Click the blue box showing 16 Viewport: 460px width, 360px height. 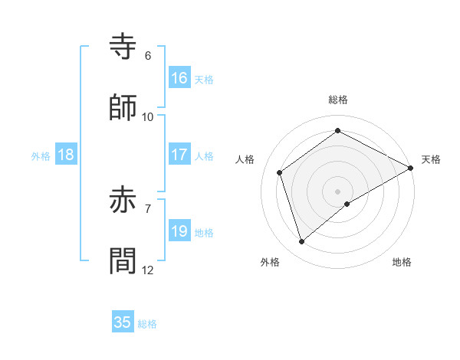pyautogui.click(x=179, y=78)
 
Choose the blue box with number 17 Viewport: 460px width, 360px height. pyautogui.click(x=179, y=155)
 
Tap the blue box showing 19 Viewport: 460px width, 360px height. pyautogui.click(x=179, y=231)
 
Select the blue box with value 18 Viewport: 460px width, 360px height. pyautogui.click(x=66, y=155)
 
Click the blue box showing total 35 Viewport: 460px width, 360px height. pyautogui.click(x=123, y=322)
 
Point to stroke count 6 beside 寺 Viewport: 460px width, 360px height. pyautogui.click(x=148, y=56)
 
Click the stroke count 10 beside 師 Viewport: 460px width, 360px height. pyautogui.click(x=148, y=116)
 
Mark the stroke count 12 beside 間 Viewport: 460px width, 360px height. pyautogui.click(x=148, y=270)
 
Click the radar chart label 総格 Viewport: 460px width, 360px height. pyautogui.click(x=338, y=100)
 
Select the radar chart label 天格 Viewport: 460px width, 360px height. pyautogui.click(x=431, y=159)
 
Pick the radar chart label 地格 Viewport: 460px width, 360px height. pyautogui.click(x=402, y=263)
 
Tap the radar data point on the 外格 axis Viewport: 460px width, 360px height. pyautogui.click(x=301, y=242)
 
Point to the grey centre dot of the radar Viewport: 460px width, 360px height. pyautogui.click(x=338, y=191)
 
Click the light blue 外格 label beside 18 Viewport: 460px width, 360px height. pyautogui.click(x=41, y=156)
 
